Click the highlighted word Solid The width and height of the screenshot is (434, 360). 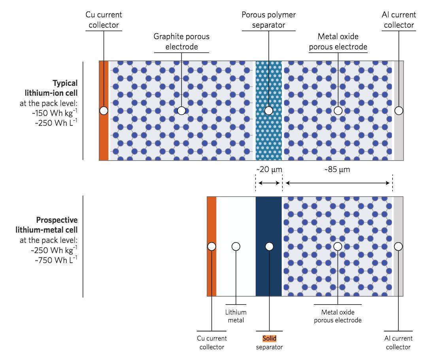[x=269, y=339]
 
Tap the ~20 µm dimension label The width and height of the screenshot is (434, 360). [x=268, y=170]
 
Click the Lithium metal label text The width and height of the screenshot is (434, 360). [x=236, y=316]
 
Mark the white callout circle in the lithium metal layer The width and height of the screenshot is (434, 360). [x=236, y=246]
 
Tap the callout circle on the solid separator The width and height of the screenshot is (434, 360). [x=269, y=246]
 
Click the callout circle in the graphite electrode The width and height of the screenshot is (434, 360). [x=181, y=111]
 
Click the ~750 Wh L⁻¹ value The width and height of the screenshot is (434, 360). [x=54, y=260]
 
